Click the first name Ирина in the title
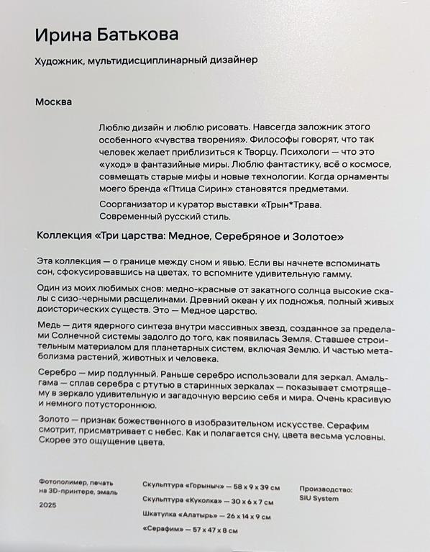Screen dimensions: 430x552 pos(60,36)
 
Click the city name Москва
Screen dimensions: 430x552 pos(53,101)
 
